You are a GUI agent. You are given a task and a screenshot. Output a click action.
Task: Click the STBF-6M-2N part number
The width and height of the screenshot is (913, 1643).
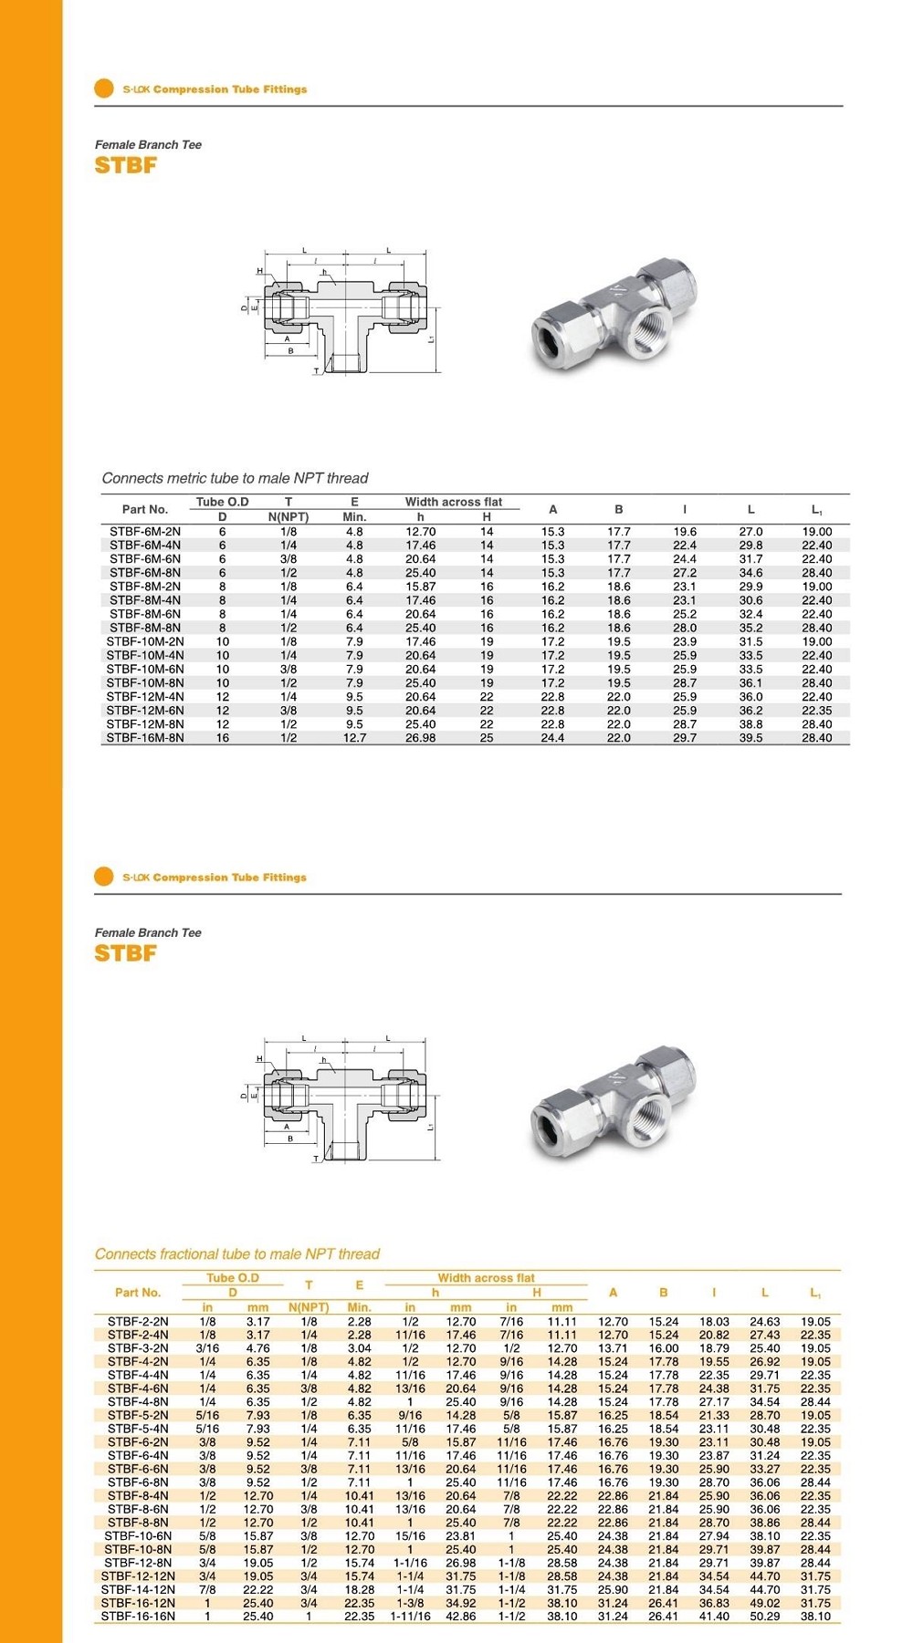(x=145, y=531)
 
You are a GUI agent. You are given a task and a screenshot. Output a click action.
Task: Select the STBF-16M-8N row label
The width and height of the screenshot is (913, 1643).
(x=145, y=737)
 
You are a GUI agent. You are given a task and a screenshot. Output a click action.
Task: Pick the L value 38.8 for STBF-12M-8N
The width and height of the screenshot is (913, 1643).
(x=750, y=723)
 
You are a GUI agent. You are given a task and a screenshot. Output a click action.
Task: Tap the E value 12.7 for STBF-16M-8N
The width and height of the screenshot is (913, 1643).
(x=354, y=737)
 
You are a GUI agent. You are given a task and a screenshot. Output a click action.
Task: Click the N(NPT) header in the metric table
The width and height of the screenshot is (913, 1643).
(x=289, y=516)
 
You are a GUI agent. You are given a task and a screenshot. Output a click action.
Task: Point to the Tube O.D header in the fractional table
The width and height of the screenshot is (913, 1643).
(x=233, y=1277)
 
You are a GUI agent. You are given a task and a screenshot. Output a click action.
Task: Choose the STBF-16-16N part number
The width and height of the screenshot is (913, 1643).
(x=138, y=1616)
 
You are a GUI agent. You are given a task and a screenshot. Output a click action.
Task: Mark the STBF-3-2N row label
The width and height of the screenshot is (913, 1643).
(x=138, y=1347)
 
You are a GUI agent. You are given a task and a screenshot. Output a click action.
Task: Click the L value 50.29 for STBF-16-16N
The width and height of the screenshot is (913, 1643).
(x=765, y=1616)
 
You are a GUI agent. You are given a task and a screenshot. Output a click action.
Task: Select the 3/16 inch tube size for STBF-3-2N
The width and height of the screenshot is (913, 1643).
(x=207, y=1347)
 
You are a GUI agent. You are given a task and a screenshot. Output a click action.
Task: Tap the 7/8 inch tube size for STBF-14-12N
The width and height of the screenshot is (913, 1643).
(x=207, y=1588)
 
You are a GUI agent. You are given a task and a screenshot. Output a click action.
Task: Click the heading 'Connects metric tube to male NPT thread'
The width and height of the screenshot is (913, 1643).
(x=235, y=478)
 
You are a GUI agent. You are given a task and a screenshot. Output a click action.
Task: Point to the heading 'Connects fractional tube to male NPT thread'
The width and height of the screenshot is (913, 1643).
(x=236, y=1253)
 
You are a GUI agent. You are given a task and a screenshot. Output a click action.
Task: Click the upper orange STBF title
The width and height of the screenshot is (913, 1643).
(x=126, y=165)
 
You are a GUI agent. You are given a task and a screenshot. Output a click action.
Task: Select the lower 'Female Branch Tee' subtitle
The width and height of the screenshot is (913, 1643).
(x=148, y=932)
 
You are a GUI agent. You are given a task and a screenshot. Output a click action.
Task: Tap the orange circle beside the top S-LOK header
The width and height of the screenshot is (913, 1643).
(x=104, y=88)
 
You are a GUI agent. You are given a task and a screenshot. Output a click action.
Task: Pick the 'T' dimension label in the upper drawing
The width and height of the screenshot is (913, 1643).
(x=316, y=370)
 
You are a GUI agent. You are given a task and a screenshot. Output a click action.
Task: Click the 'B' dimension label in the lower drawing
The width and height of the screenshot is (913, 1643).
(x=290, y=1138)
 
